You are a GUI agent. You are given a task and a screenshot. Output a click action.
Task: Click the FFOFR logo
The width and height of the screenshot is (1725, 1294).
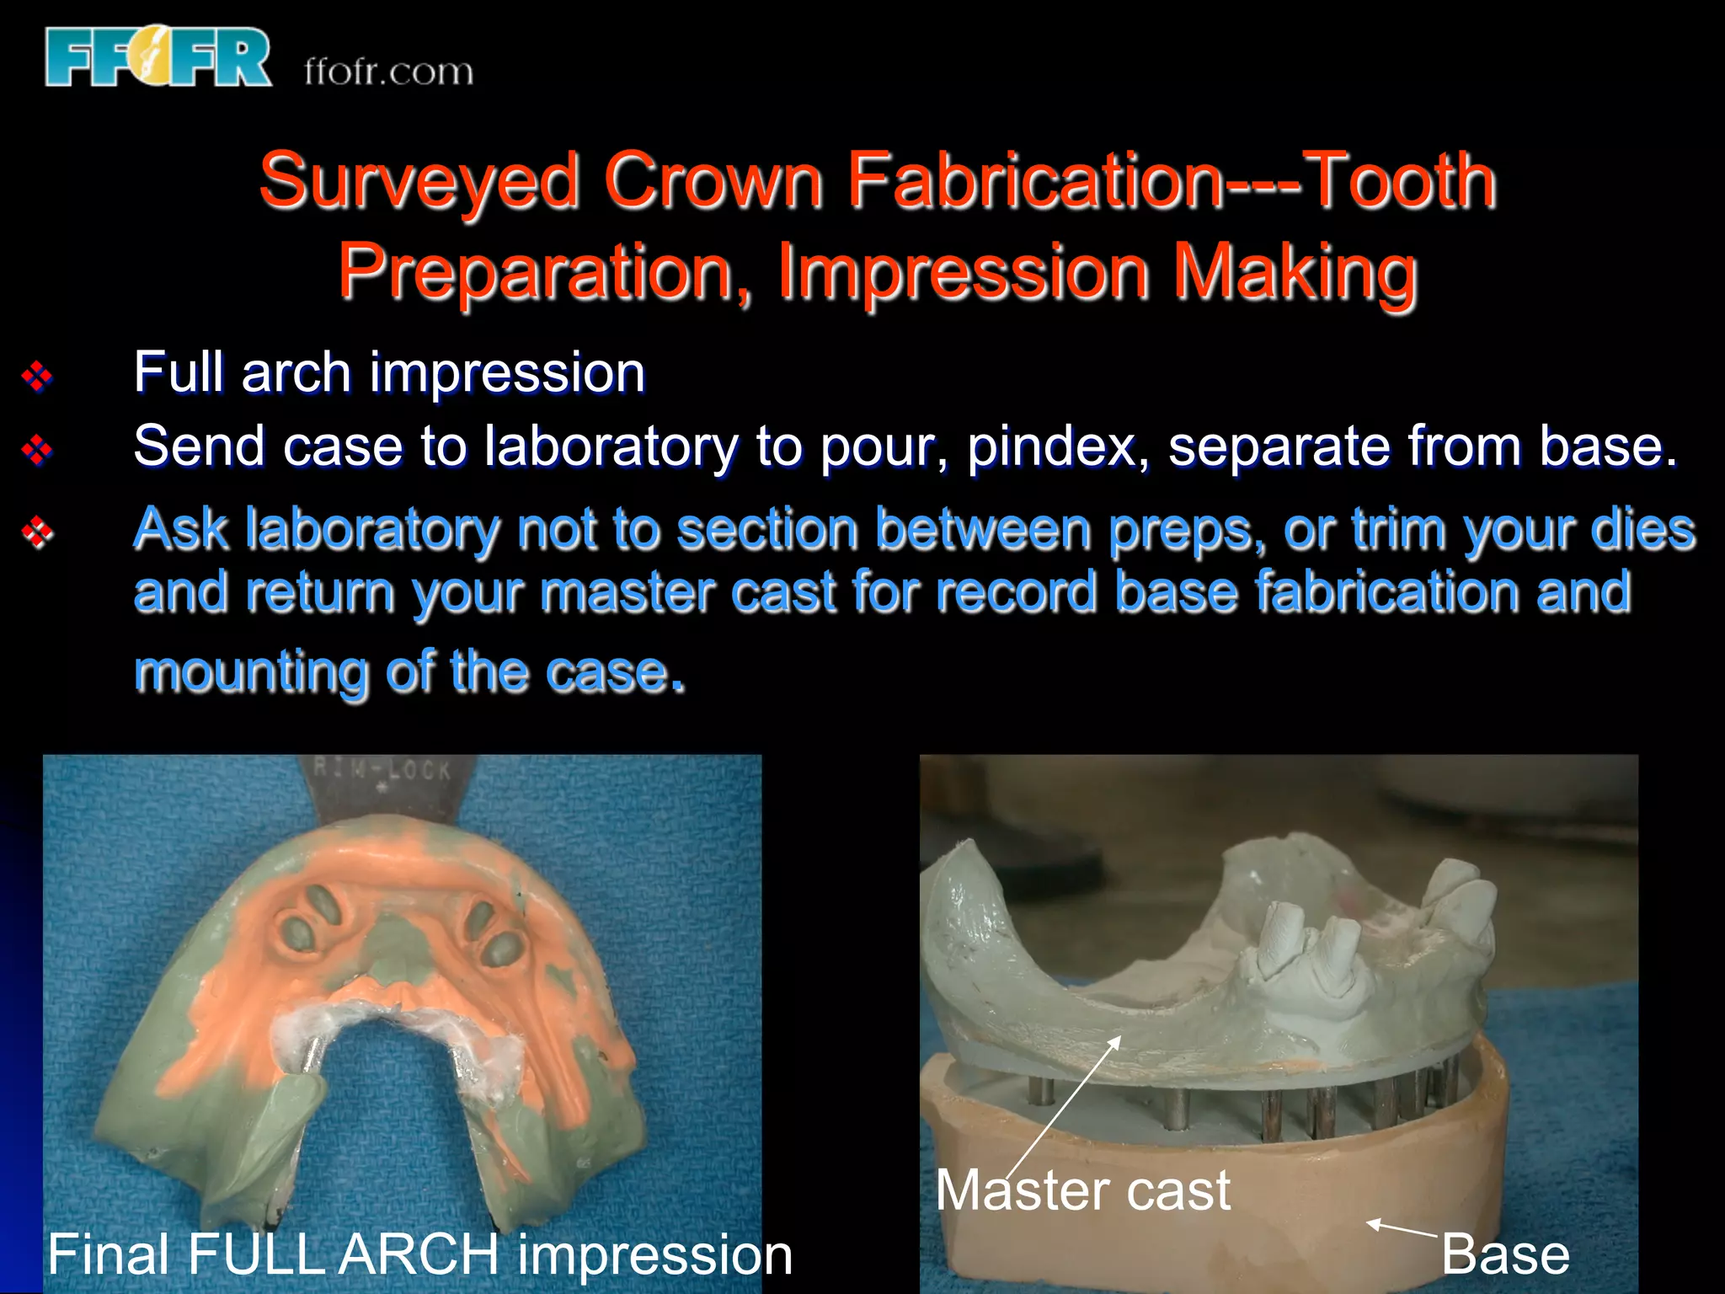tap(158, 57)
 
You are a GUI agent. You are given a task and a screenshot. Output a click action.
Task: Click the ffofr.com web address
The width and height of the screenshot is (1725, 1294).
tap(388, 72)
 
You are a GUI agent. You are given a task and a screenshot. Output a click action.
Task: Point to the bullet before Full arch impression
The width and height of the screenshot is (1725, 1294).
tap(37, 376)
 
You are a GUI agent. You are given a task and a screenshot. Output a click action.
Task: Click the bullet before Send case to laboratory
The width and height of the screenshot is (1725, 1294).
tap(37, 450)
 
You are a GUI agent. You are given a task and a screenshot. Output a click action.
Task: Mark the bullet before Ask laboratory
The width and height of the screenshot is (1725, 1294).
tap(37, 532)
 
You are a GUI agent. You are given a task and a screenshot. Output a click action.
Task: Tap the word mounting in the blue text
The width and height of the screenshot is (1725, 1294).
tap(250, 671)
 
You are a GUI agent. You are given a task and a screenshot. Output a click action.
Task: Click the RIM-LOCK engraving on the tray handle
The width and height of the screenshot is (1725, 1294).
tap(383, 769)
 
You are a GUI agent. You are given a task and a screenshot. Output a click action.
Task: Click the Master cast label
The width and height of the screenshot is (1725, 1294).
tap(1082, 1190)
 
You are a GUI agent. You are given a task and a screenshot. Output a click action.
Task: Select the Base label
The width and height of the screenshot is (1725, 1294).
tap(1505, 1254)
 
